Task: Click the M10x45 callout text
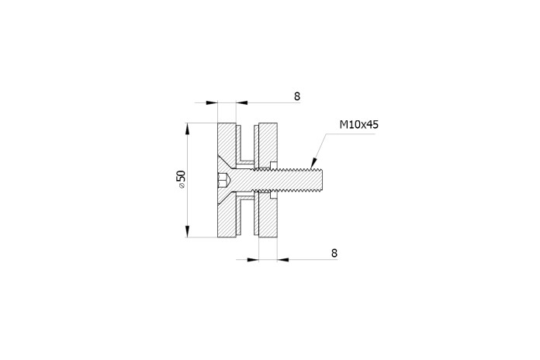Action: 359,124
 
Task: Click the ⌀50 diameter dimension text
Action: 181,179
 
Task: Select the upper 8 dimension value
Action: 297,96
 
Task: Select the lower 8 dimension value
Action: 334,253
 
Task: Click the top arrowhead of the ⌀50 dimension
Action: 187,129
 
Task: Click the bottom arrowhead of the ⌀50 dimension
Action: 187,231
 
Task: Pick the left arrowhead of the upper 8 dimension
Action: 212,102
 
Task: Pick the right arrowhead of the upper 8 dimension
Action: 242,102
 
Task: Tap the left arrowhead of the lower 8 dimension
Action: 253,259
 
